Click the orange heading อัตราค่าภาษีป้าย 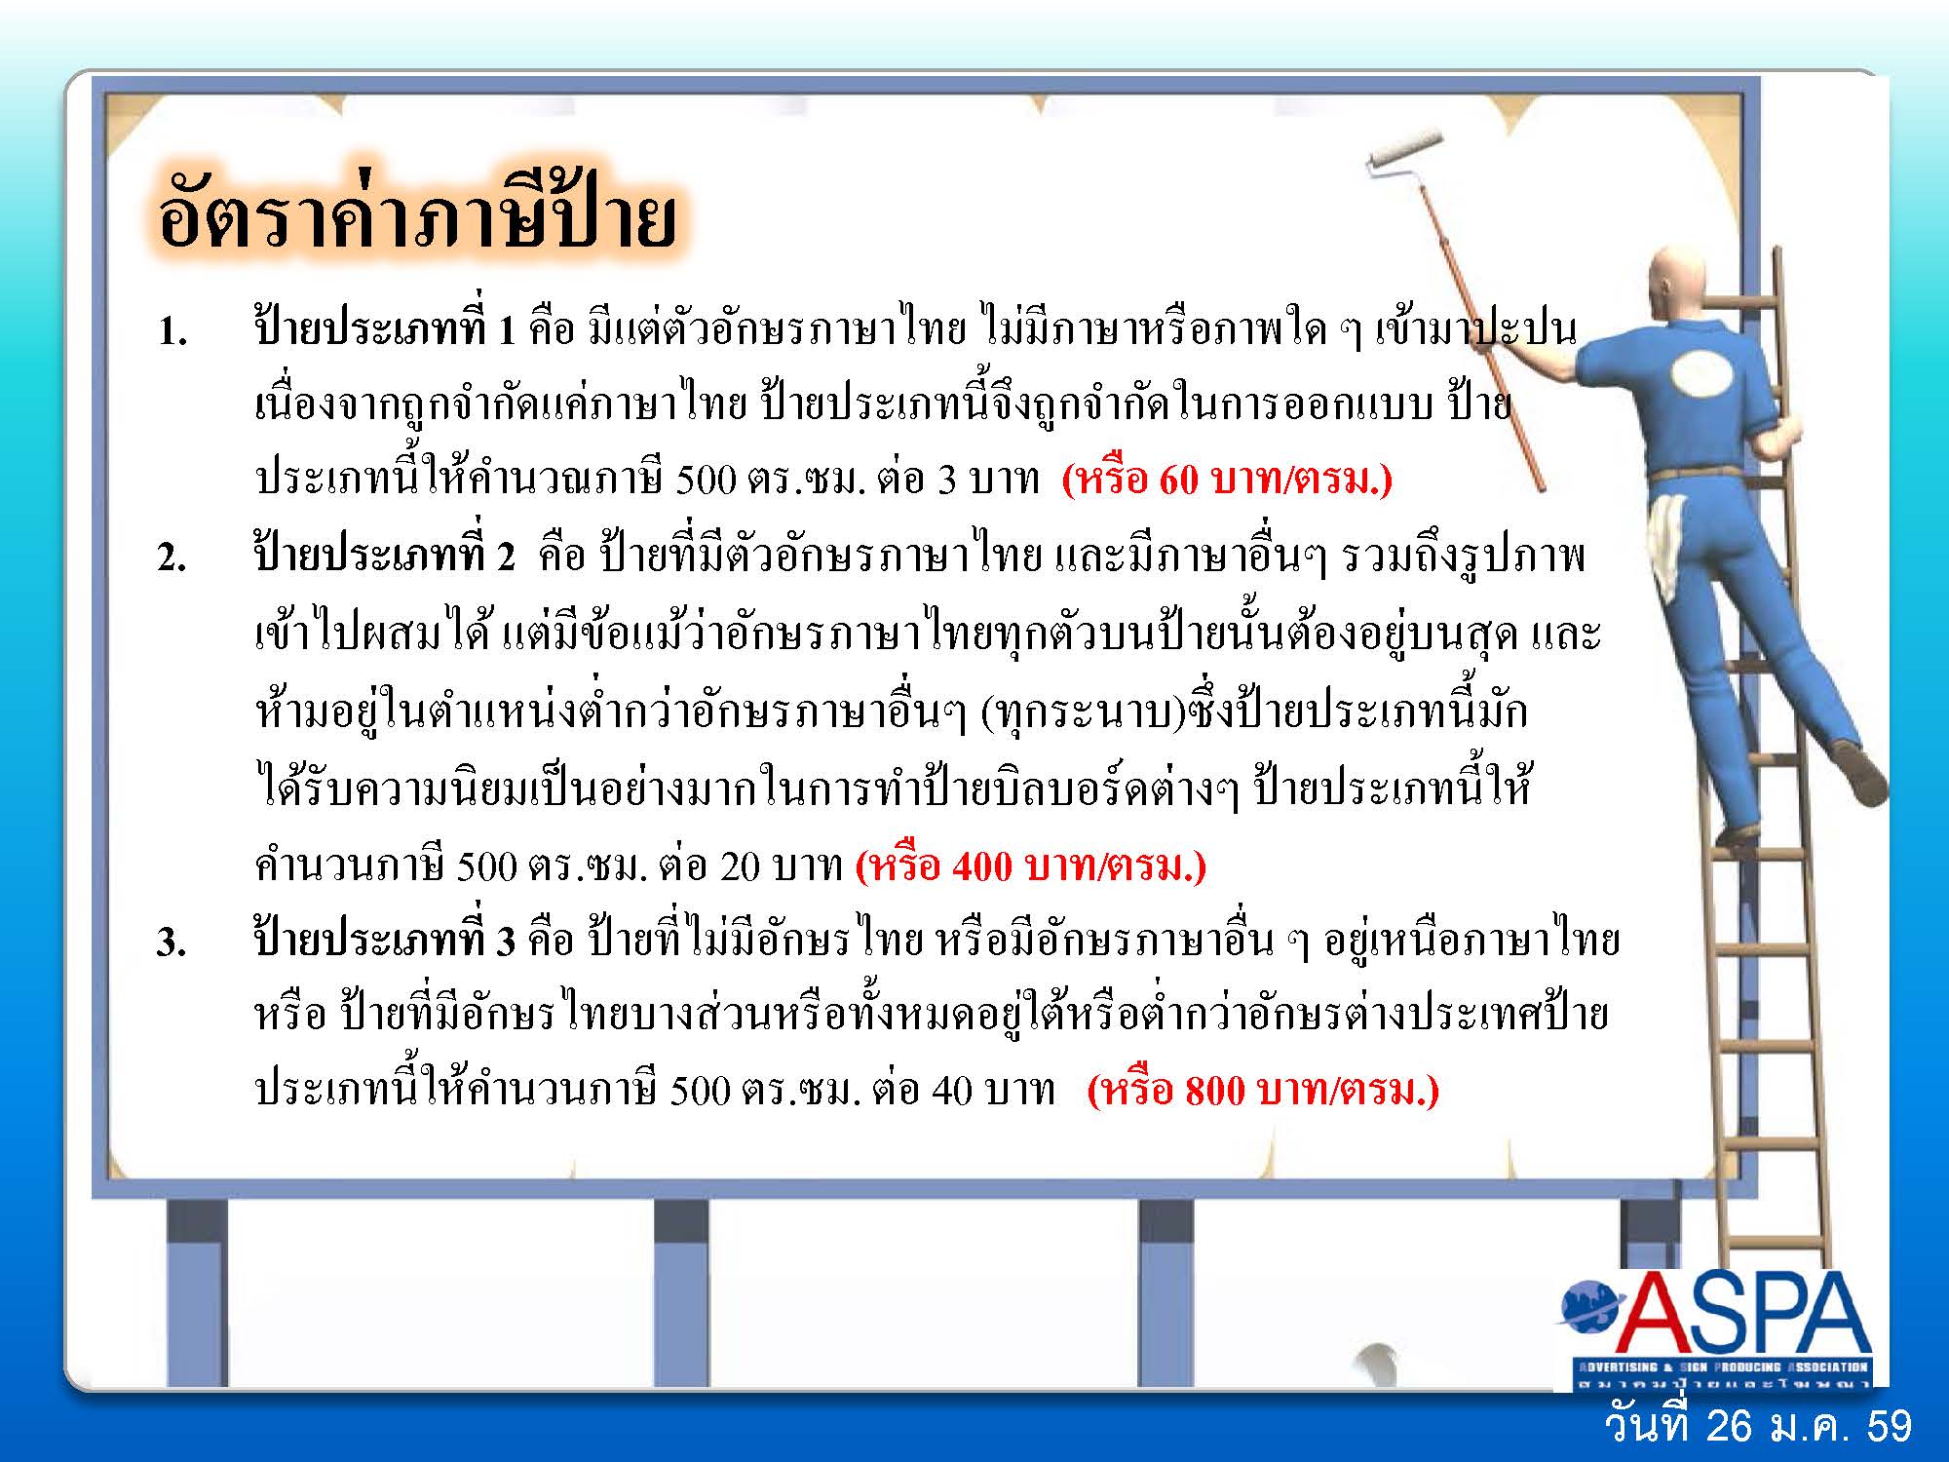tap(416, 217)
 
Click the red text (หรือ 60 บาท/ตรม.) tap(1227, 480)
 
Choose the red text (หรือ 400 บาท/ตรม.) tap(1031, 866)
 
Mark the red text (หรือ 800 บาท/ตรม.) tap(1263, 1090)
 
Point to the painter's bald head tap(1673, 286)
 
